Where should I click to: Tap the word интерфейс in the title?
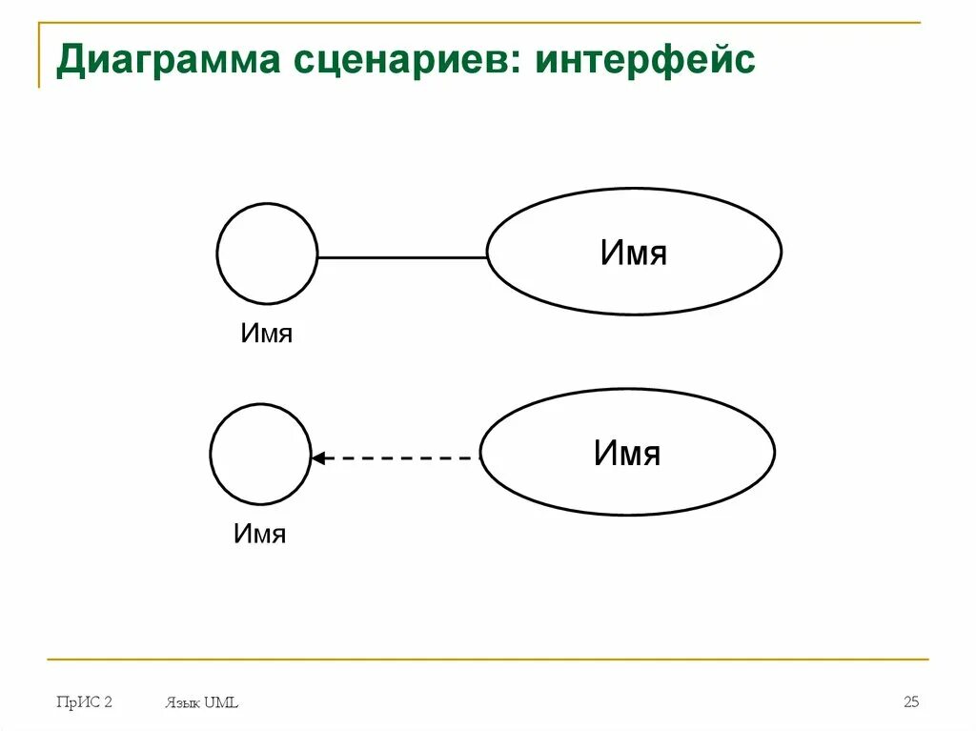(645, 60)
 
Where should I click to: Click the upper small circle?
(267, 254)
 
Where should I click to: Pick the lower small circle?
(260, 454)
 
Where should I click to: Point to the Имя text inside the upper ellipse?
(634, 253)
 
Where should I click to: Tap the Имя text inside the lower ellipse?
(627, 453)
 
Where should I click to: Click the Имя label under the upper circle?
(266, 334)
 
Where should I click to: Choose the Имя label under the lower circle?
(259, 534)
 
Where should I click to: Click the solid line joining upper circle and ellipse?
(401, 257)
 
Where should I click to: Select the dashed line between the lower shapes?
(400, 458)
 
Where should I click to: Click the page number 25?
(911, 702)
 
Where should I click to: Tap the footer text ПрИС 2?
(84, 702)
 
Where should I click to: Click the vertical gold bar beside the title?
(39, 55)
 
